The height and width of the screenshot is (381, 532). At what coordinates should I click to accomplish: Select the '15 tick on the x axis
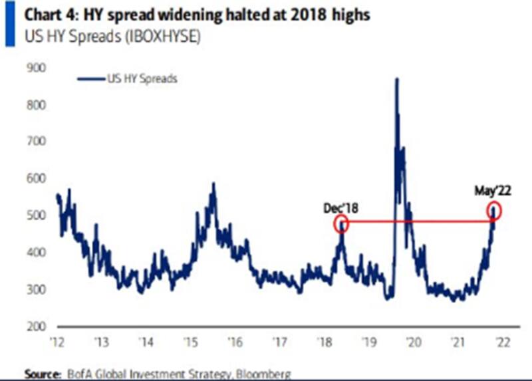coord(191,343)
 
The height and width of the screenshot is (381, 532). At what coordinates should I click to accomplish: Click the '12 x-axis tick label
coord(58,343)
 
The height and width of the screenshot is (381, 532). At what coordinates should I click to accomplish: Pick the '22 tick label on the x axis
coord(502,343)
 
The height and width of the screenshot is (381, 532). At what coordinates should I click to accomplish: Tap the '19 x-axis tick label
coord(368,343)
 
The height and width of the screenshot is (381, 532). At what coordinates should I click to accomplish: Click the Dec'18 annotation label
coord(340,207)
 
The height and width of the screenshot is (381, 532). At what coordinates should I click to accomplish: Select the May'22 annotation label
coord(492,191)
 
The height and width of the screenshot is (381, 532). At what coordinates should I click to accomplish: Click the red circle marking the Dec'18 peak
coord(340,223)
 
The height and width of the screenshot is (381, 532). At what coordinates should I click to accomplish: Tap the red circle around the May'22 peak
coord(493,211)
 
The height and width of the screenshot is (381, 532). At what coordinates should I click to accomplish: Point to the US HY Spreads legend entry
coord(141,78)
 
